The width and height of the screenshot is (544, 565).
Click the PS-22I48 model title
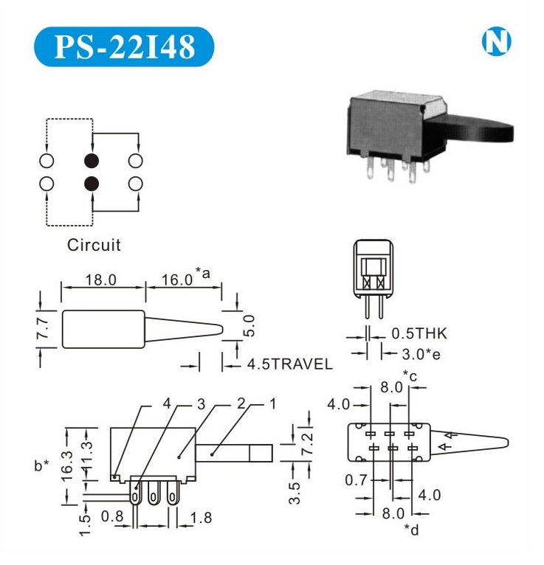point(124,46)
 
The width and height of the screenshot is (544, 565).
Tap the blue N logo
point(497,41)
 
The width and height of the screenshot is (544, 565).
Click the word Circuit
point(94,245)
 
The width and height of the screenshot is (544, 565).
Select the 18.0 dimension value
point(101,280)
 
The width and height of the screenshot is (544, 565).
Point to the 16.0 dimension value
point(177,280)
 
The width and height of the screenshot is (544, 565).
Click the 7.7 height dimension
point(43,328)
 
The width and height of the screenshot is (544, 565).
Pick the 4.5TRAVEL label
point(290,364)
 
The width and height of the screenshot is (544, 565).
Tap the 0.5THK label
point(419,333)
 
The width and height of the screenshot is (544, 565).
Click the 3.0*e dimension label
point(421,354)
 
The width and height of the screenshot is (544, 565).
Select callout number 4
point(167,403)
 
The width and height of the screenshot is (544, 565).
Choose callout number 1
point(272,404)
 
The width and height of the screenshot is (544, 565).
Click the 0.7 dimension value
point(357,480)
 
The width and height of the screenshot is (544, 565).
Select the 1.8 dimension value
point(201,518)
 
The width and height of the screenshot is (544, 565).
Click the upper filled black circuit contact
point(92,161)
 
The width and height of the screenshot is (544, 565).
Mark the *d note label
point(411,530)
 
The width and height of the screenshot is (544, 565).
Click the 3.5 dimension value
point(295,493)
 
